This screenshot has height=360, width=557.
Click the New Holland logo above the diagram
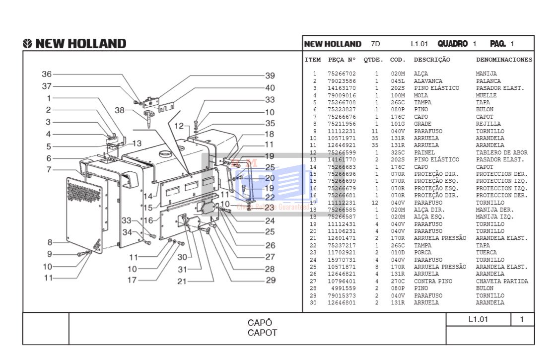point(74,44)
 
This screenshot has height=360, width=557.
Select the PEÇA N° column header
point(342,60)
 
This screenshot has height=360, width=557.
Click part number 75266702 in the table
point(342,74)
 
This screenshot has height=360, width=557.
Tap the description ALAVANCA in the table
point(428,81)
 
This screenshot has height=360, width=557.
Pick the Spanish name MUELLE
point(486,95)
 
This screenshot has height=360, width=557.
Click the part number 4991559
point(344,288)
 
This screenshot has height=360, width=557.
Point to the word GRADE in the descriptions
point(422,124)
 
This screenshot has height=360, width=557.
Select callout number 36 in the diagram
point(47,74)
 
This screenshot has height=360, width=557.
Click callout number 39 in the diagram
point(270,76)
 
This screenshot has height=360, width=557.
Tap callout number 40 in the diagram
point(270,88)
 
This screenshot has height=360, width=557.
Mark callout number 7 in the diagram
point(49,170)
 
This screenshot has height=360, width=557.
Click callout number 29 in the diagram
point(270,281)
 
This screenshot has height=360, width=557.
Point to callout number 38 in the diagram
point(120,110)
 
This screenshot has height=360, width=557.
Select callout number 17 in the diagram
point(132,280)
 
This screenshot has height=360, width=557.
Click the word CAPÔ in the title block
point(260,323)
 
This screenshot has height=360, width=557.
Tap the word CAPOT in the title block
point(262,333)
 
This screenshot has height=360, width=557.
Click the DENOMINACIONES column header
point(504,60)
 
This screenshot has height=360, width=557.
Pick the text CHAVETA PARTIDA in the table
point(502,281)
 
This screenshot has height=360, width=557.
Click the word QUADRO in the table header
point(452,44)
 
